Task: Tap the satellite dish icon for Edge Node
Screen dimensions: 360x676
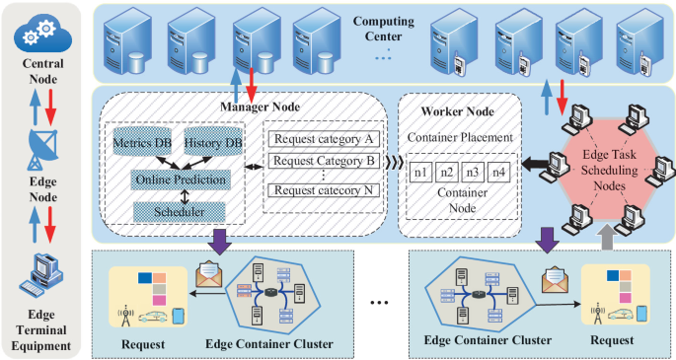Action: point(42,147)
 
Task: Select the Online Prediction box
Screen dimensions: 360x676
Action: point(180,180)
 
